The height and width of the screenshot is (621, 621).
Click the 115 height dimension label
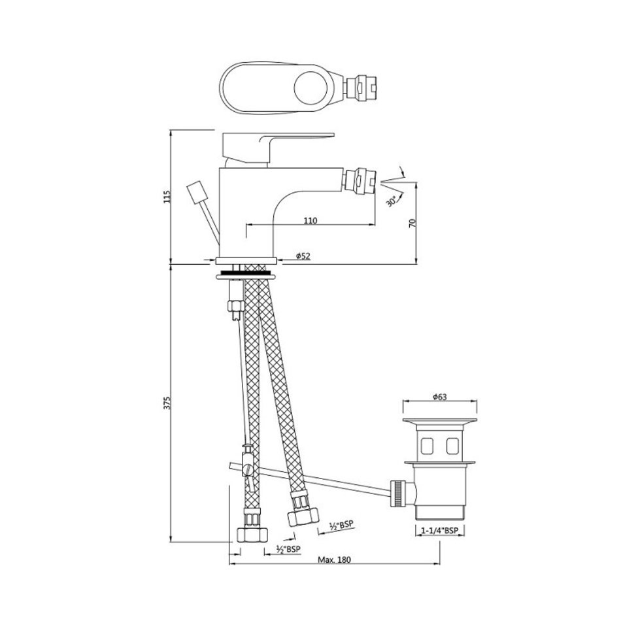[167, 197]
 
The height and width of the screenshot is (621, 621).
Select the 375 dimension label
[167, 403]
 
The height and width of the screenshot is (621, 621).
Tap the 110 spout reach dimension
[310, 220]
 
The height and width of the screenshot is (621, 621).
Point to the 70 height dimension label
[412, 223]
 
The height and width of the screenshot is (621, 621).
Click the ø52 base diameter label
[303, 256]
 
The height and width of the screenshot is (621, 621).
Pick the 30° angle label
[392, 201]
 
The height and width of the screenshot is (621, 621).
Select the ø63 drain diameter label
[440, 396]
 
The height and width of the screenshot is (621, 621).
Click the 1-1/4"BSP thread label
[440, 531]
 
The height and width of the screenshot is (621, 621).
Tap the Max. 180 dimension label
[334, 560]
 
